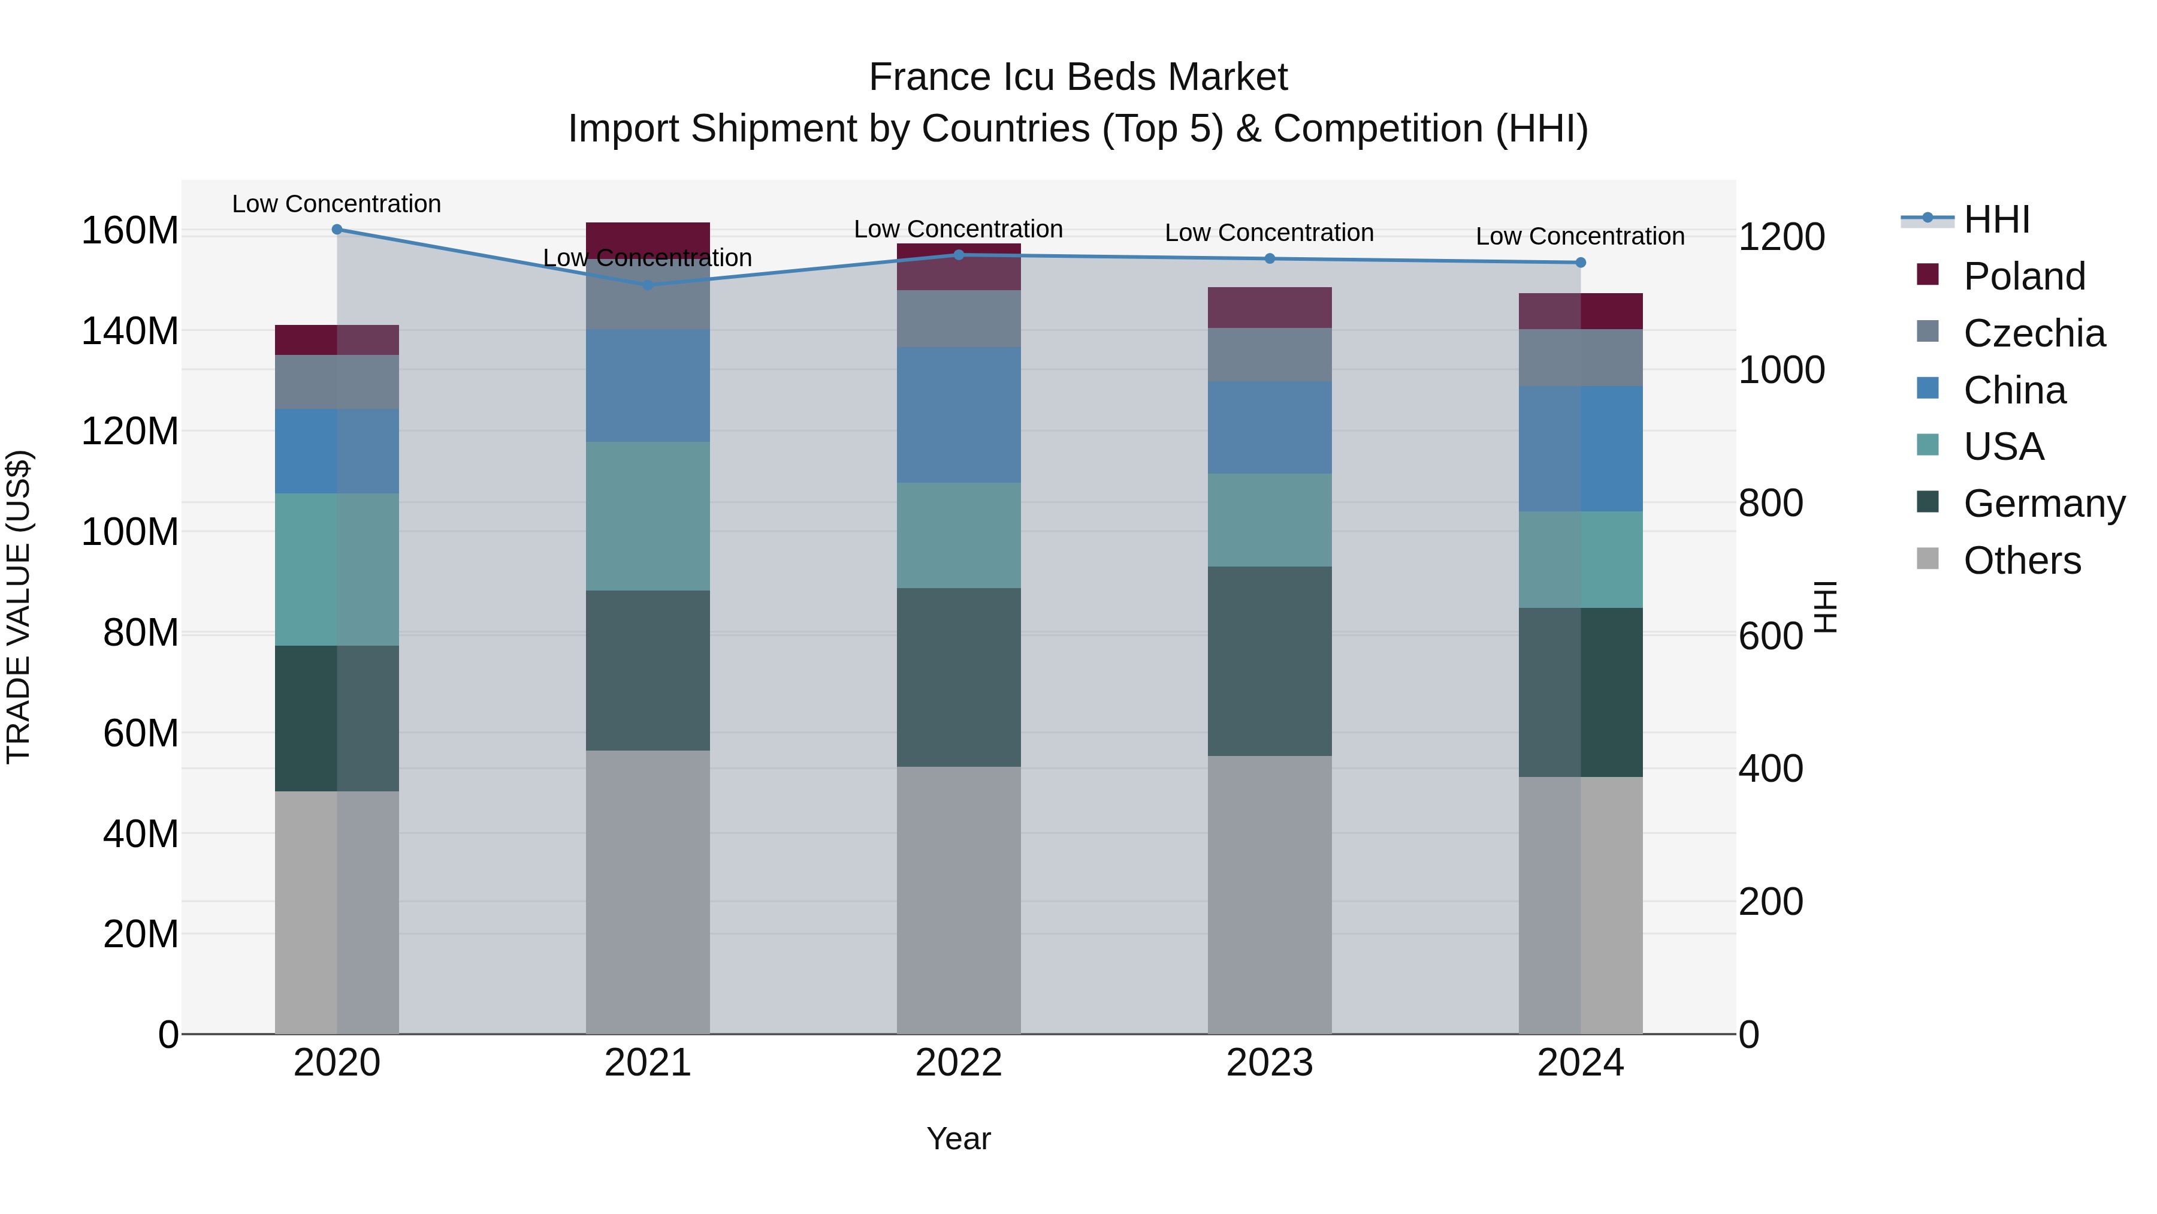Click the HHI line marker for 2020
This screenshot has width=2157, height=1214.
(x=337, y=230)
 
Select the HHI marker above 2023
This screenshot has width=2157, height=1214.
(x=1270, y=259)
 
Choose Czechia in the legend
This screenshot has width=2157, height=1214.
(x=2033, y=333)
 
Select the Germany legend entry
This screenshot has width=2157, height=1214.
(x=2043, y=504)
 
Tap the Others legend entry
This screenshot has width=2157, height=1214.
(x=2022, y=561)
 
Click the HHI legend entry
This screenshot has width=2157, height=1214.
(x=1996, y=219)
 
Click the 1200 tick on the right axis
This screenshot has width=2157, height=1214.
(x=1781, y=237)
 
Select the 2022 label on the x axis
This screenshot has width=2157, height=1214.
(x=958, y=1063)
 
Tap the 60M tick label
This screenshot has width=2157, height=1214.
(x=141, y=734)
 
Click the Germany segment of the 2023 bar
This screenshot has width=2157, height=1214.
(x=1270, y=661)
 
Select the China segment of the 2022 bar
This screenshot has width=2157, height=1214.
(x=958, y=415)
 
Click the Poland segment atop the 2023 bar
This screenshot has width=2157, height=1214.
(x=1270, y=308)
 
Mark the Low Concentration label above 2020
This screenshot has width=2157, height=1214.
(x=337, y=204)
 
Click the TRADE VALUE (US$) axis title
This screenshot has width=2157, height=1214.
(x=19, y=607)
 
